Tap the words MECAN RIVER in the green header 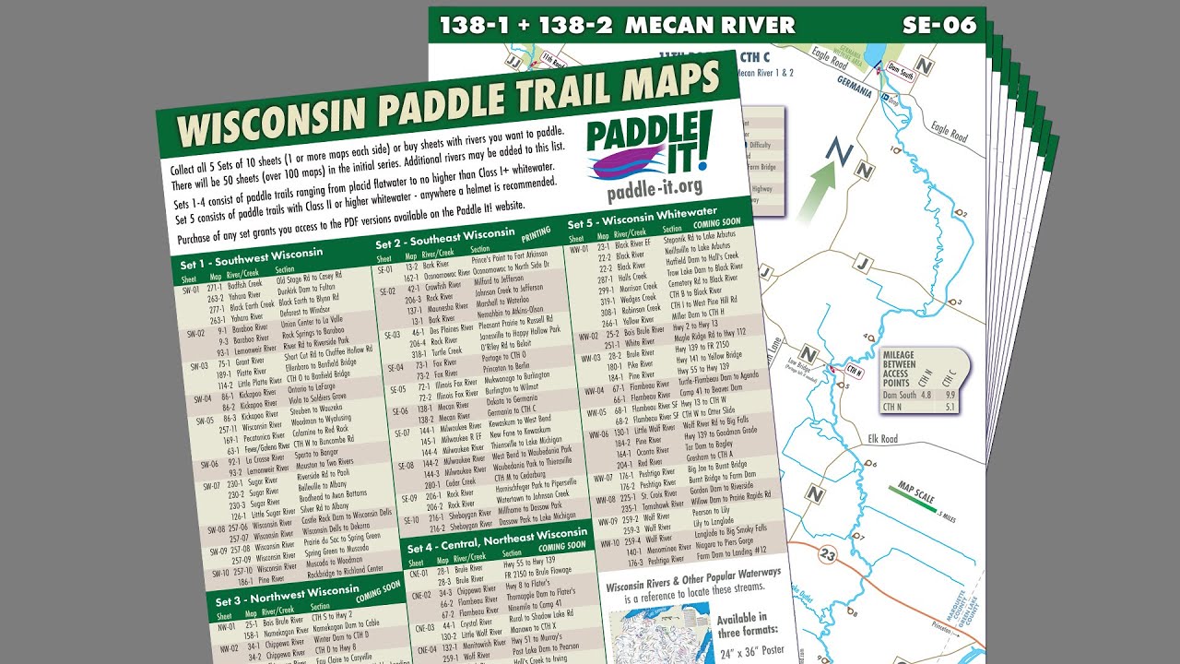pyautogui.click(x=710, y=25)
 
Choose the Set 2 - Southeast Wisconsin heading pyautogui.click(x=444, y=238)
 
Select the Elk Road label pyautogui.click(x=882, y=439)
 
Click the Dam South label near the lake pyautogui.click(x=902, y=65)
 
